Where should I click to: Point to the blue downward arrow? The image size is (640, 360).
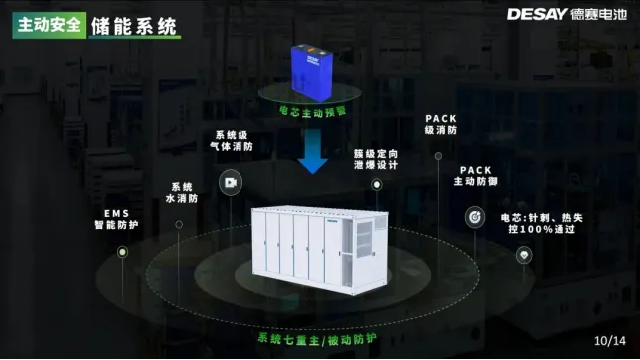tap(314, 152)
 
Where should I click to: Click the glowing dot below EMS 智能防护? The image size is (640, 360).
tap(122, 253)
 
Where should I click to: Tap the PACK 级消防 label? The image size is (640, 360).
tap(440, 124)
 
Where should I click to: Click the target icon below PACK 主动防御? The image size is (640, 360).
tap(476, 216)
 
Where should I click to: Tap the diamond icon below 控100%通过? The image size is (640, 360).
tap(524, 255)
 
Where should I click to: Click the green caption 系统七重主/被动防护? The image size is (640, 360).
tap(317, 338)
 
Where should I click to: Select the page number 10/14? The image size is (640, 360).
tap(607, 340)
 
